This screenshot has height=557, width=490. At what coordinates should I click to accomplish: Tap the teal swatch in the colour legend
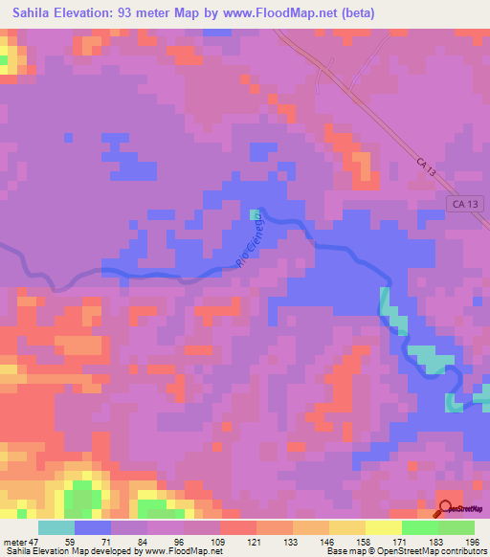pyautogui.click(x=56, y=528)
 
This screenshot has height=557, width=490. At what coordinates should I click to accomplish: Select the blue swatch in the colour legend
pyautogui.click(x=93, y=528)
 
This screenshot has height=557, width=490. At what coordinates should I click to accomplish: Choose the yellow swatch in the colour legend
pyautogui.click(x=347, y=528)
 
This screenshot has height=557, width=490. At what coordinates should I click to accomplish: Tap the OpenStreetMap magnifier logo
pyautogui.click(x=446, y=508)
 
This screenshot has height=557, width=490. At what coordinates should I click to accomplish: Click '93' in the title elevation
pyautogui.click(x=135, y=12)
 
